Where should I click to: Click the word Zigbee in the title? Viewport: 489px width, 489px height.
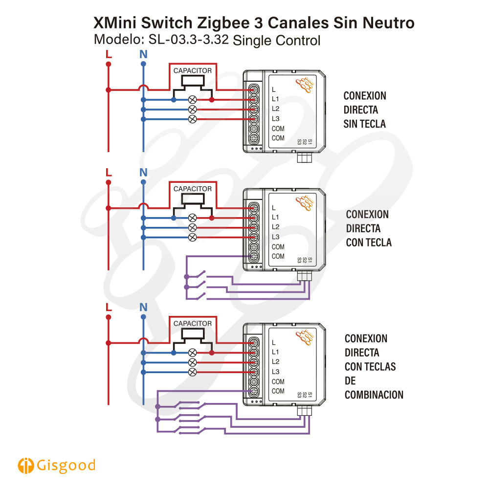(x=223, y=23)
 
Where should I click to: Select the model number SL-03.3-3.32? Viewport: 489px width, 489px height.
(x=188, y=40)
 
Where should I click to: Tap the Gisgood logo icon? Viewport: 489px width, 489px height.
(x=25, y=466)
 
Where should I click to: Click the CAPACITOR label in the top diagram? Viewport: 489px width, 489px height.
(x=192, y=71)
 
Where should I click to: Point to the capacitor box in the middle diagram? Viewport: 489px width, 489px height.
(x=193, y=199)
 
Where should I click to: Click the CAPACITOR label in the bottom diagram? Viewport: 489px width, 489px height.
(x=192, y=324)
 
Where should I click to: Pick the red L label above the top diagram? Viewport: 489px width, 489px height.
(x=109, y=54)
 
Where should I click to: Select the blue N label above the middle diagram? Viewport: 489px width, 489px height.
(x=143, y=173)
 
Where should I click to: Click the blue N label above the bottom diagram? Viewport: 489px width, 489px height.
(x=143, y=307)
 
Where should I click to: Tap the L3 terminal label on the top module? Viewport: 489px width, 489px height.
(x=275, y=119)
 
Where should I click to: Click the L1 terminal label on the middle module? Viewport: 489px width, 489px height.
(x=275, y=218)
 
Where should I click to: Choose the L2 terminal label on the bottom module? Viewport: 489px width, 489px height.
(x=275, y=362)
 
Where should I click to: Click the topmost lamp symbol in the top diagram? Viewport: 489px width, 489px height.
(x=192, y=100)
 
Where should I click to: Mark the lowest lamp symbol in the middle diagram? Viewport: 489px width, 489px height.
(x=192, y=237)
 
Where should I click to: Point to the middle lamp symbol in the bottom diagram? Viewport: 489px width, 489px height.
(x=192, y=363)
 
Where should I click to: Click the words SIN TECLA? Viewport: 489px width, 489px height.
(x=365, y=124)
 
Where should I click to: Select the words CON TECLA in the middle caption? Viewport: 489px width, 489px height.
(x=369, y=243)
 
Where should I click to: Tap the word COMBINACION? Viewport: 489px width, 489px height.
(x=374, y=395)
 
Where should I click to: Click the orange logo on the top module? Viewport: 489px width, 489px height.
(x=304, y=85)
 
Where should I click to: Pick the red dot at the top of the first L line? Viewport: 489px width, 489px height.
(x=109, y=64)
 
